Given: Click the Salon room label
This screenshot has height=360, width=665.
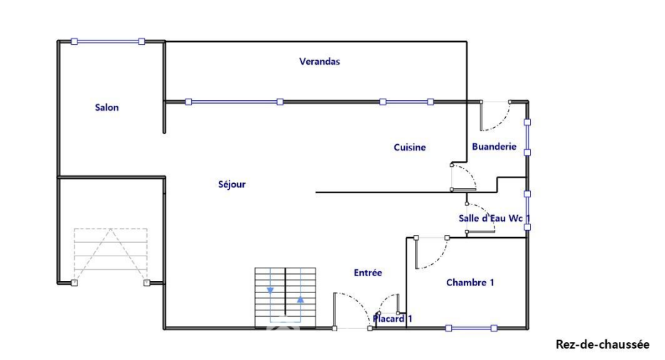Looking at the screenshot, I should point(107,108).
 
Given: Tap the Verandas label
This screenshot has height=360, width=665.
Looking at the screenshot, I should point(319,62).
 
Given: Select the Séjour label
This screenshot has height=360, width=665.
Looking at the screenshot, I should point(232,185).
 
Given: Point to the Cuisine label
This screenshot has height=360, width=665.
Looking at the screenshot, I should point(410,148).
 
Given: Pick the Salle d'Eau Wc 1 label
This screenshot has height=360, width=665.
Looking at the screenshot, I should point(494,219).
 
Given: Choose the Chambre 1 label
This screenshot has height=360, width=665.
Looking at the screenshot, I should point(470,283).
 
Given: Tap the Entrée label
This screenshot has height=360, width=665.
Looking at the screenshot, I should point(368,273).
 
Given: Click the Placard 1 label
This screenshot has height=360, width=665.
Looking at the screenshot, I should point(393,320).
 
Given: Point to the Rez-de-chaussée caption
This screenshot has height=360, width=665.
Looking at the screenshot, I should point(602,344).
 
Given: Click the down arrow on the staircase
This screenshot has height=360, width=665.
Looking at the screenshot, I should point(271,290).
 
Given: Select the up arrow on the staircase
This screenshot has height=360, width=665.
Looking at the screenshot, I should point(301,299).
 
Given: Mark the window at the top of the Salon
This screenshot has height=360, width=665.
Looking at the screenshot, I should point(107,42).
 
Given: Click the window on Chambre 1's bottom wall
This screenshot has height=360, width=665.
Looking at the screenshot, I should point(471,328).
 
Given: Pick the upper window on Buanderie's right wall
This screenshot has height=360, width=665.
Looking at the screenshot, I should point(527,136).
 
